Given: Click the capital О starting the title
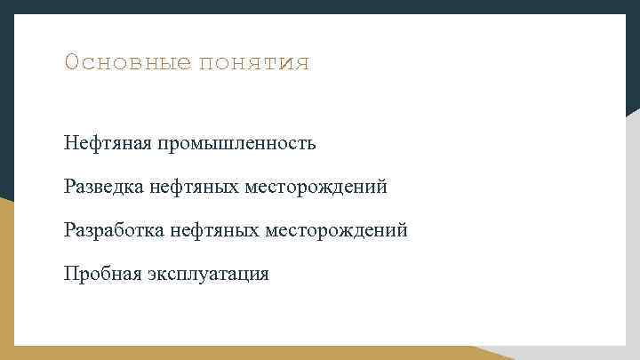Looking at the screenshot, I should (x=71, y=63).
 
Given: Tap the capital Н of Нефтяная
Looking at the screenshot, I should (x=70, y=142).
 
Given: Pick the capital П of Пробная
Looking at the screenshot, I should (x=70, y=274).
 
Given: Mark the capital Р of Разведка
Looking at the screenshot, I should (x=69, y=187).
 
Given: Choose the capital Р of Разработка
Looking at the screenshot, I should (x=69, y=230).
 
